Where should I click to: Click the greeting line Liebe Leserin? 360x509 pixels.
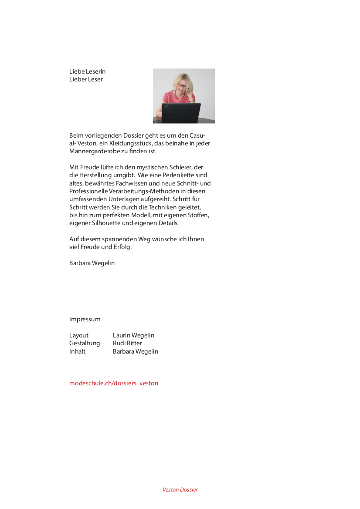click(87, 71)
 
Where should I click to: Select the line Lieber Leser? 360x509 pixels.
click(86, 79)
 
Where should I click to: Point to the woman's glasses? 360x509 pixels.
click(181, 86)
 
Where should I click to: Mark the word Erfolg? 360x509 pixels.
click(123, 247)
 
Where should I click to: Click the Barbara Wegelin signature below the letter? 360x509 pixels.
click(92, 263)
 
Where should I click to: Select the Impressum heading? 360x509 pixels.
click(85, 319)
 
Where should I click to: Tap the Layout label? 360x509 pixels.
click(79, 335)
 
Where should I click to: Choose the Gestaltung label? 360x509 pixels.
click(85, 343)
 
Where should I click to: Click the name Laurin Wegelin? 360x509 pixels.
click(133, 335)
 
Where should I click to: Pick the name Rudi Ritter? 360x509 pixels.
click(127, 343)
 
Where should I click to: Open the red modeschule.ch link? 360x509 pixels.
click(114, 383)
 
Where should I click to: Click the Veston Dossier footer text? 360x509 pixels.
click(180, 489)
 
